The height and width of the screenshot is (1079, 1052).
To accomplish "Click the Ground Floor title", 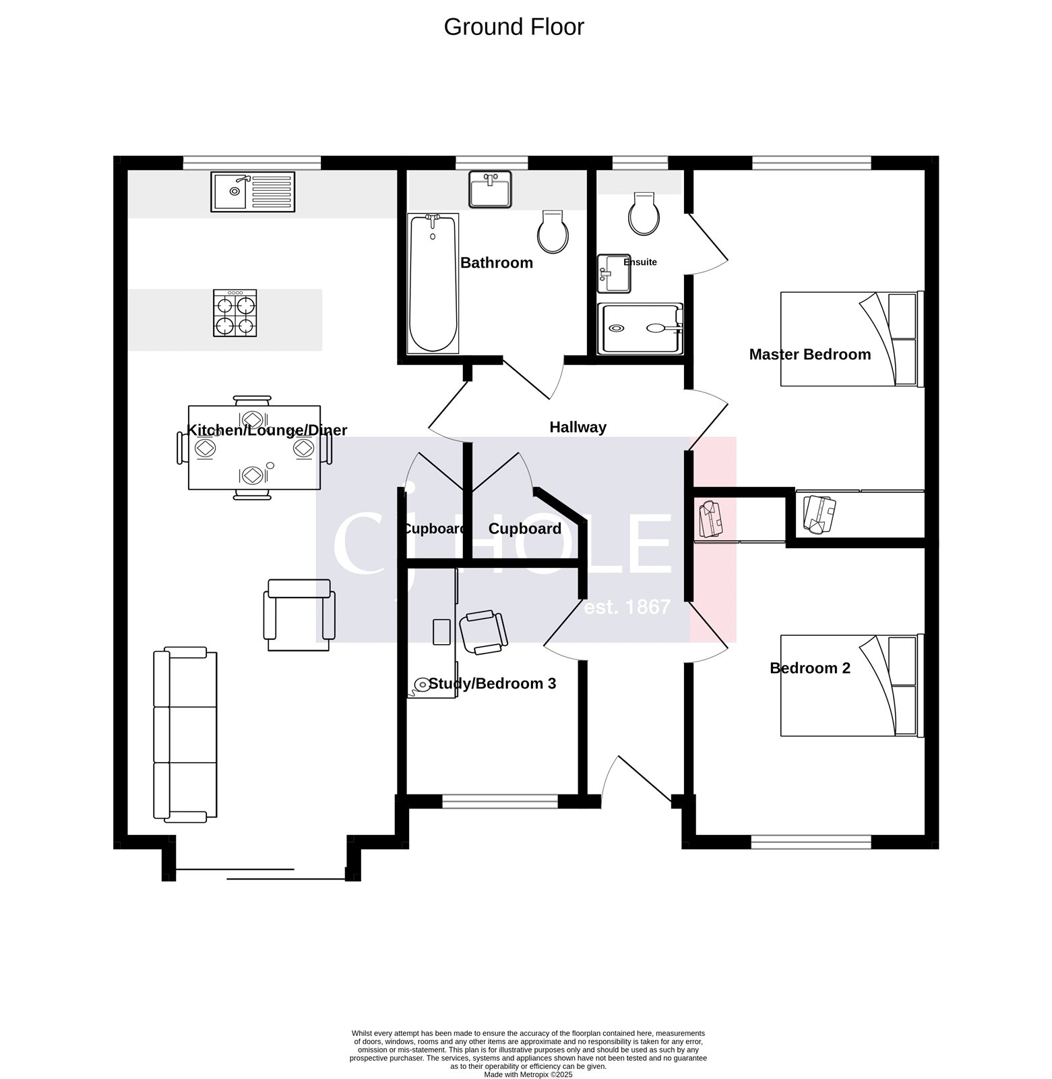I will pos(514,27).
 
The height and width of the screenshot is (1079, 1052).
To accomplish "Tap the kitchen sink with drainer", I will pos(253,192).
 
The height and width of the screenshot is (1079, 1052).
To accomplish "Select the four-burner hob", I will pos(235,314).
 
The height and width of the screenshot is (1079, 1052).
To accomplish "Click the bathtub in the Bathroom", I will pos(433,283).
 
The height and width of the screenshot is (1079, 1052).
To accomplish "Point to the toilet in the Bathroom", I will pos(553,231).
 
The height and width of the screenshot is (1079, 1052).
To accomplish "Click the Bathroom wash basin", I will pos(490,189).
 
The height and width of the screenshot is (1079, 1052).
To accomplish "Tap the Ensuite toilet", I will pos(643,213).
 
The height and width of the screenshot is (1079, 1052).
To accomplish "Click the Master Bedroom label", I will pos(809,355).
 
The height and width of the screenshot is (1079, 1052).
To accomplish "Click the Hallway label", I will pos(578,428).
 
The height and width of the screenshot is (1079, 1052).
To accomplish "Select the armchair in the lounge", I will pos(299,614).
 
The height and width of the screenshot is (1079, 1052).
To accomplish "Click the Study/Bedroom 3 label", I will pos(492,684).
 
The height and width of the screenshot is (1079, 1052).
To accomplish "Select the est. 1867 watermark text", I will pos(627,608).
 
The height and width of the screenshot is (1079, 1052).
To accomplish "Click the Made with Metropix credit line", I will pos(528,1074).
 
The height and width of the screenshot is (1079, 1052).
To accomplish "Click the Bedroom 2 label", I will pos(809,668).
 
